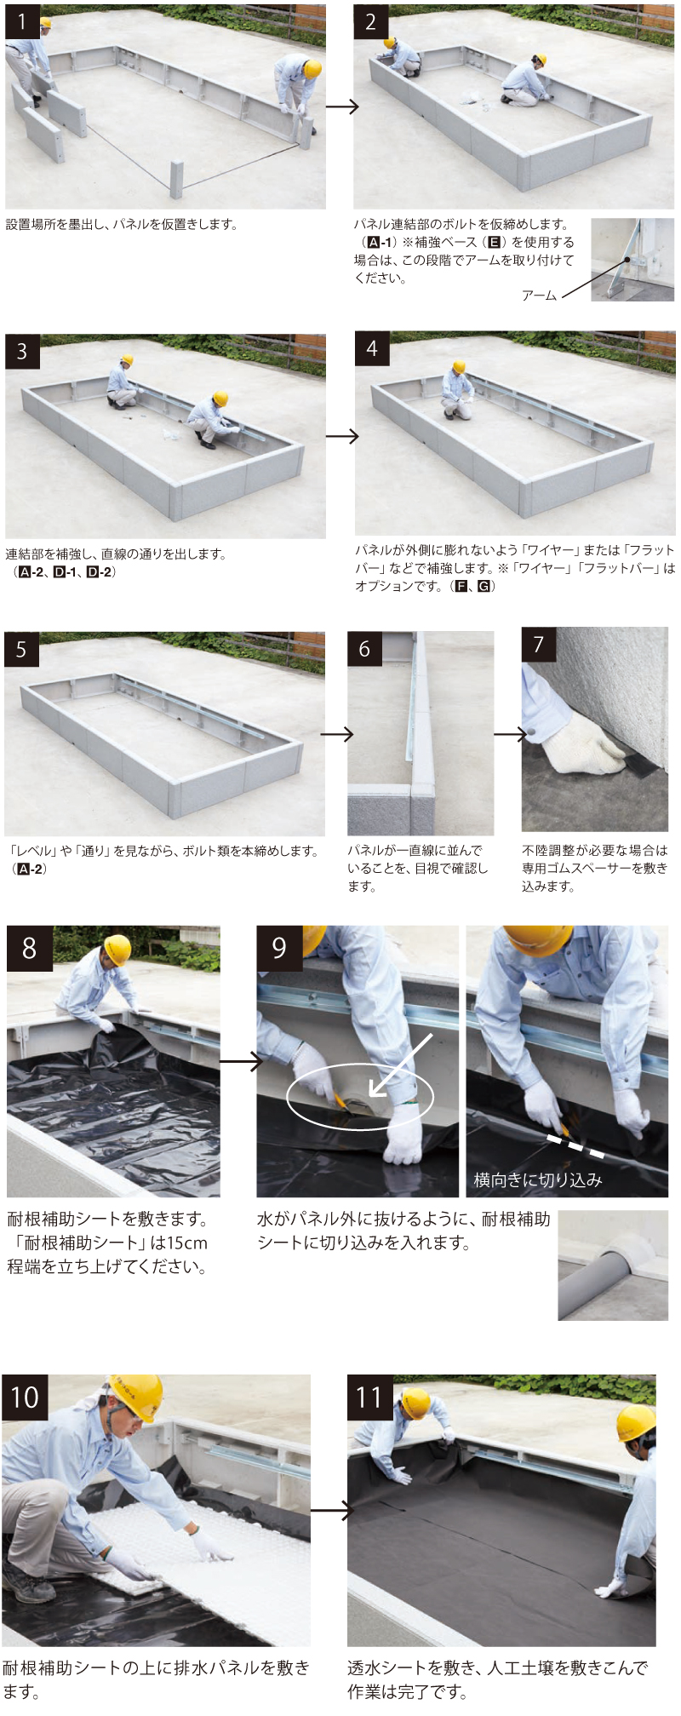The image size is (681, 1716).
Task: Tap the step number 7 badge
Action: [539, 645]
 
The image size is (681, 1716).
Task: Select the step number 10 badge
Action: [26, 1397]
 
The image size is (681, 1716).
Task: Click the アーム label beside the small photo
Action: [539, 296]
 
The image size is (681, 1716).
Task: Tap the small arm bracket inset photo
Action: [632, 260]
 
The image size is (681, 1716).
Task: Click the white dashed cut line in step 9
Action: [575, 1146]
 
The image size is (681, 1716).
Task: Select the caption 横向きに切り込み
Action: [538, 1179]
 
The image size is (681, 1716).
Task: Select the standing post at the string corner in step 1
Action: [176, 179]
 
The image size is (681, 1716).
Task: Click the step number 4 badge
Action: [372, 349]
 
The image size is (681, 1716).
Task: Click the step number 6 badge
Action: [364, 649]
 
